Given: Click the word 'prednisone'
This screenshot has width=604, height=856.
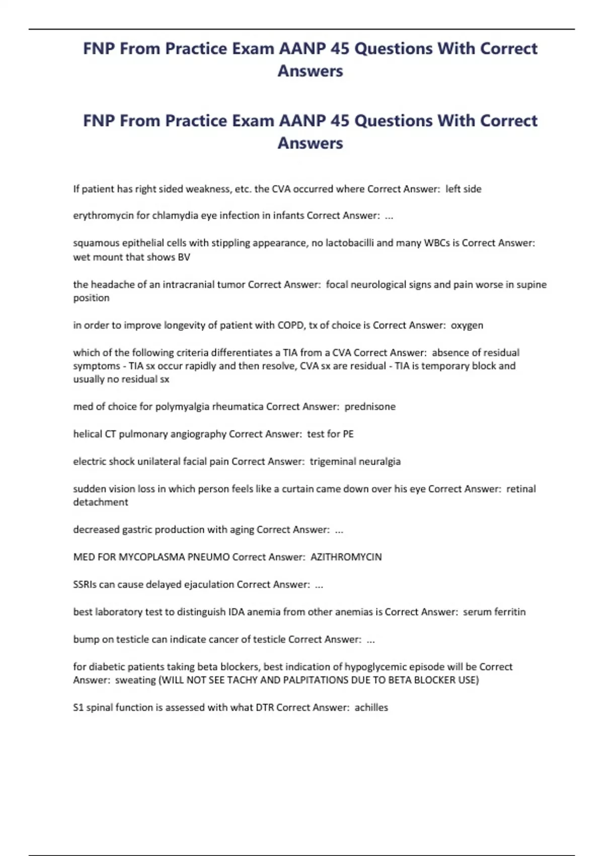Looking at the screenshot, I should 370,406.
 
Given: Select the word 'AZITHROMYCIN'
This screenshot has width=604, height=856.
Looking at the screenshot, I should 346,557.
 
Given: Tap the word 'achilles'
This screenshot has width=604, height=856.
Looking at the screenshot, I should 371,707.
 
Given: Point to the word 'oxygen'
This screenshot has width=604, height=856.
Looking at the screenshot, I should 467,325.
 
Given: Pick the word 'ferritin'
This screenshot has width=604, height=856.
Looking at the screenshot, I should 508,612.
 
